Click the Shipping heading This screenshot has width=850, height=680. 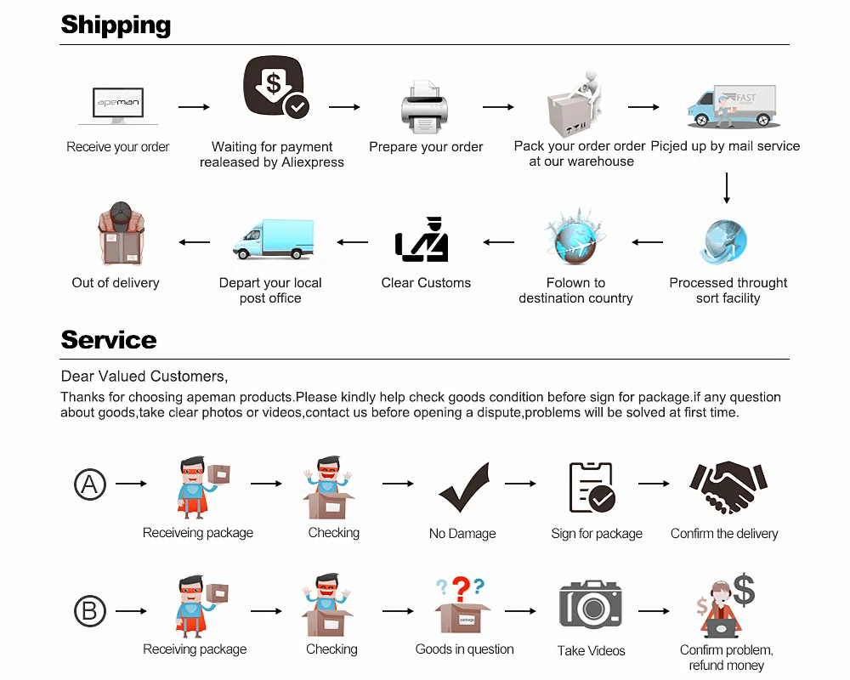click(116, 25)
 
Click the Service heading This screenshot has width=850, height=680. click(109, 340)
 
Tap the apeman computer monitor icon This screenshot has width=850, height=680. click(118, 106)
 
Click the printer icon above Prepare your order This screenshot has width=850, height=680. click(424, 107)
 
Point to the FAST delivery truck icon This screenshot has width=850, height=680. click(732, 107)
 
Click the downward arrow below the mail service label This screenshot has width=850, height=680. click(727, 188)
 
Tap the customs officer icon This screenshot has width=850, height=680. click(422, 240)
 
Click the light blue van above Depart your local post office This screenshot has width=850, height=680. click(274, 240)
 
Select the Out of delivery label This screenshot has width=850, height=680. click(116, 283)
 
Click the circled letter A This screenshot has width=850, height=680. click(90, 484)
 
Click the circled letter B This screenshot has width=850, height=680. click(90, 611)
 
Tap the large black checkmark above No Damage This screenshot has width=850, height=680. click(464, 487)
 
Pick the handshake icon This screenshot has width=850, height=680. click(723, 487)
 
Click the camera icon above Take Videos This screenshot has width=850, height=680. click(591, 604)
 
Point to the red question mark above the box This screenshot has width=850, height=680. click(461, 588)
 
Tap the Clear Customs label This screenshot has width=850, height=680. click(426, 283)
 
